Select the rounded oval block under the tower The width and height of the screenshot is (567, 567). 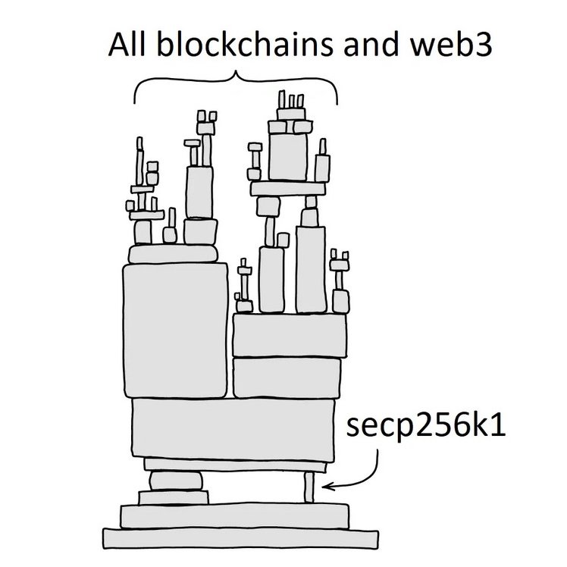click(x=176, y=481)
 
